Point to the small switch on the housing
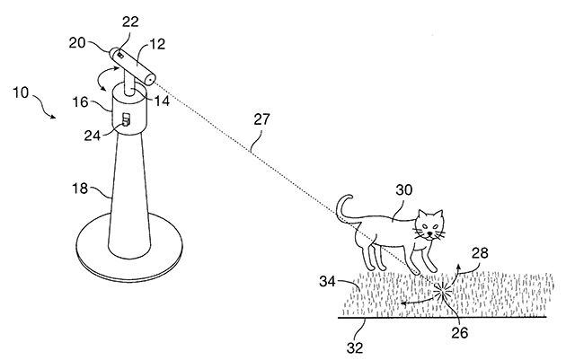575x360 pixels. click(x=126, y=119)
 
